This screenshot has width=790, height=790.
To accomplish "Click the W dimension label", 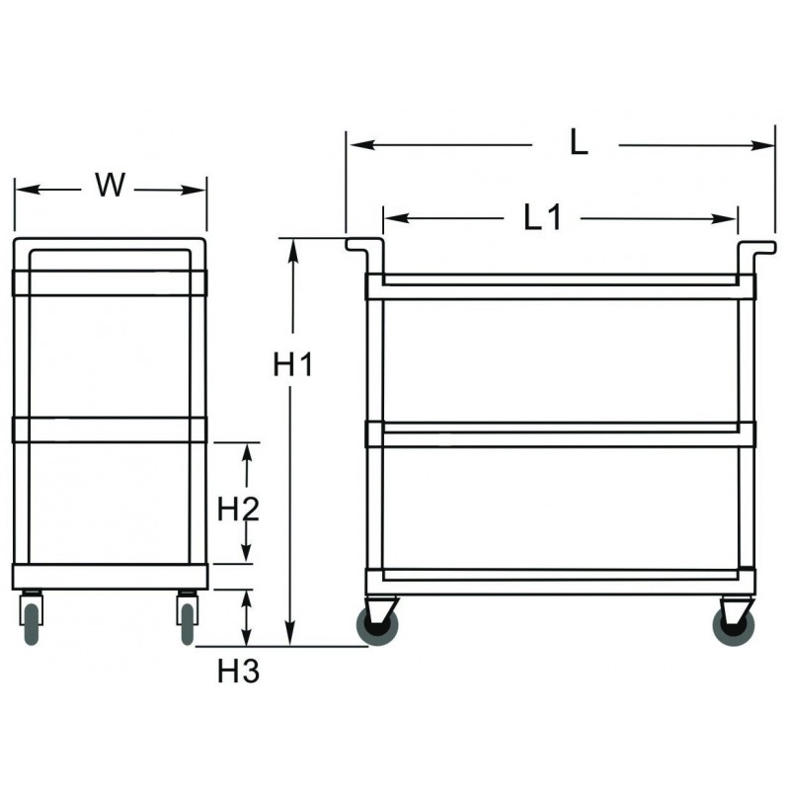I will click(111, 185).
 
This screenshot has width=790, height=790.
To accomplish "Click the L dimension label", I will click(579, 143).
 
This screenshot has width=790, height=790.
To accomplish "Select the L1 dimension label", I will click(542, 217).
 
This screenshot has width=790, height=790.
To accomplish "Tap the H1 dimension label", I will click(292, 365).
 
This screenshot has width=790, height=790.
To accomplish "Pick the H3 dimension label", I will click(237, 672).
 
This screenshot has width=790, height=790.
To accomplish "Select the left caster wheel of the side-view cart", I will click(376, 626).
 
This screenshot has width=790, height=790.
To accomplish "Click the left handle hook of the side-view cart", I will click(361, 247).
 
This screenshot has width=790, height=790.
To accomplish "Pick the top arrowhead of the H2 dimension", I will click(249, 450).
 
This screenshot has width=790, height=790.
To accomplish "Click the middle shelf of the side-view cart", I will click(560, 434).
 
